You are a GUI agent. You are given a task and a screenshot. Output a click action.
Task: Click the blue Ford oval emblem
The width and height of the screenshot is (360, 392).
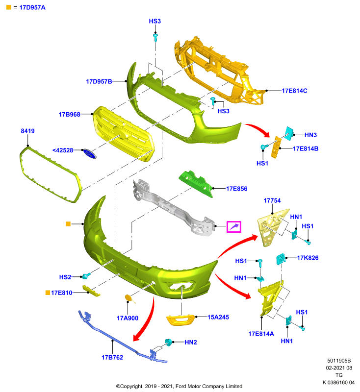(x=90, y=153)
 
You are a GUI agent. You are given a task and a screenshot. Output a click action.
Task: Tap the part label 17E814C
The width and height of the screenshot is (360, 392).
(x=294, y=91)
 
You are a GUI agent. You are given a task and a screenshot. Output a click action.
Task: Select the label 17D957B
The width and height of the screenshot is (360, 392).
(x=99, y=81)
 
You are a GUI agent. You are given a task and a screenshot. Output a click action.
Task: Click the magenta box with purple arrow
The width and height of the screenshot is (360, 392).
(x=233, y=227)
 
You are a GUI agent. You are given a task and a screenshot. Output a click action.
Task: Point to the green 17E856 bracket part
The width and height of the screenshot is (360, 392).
(x=196, y=183)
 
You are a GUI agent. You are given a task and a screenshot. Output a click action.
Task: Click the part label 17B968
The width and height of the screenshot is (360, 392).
(x=69, y=115)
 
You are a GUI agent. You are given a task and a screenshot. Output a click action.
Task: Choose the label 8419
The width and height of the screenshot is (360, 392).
(x=27, y=131)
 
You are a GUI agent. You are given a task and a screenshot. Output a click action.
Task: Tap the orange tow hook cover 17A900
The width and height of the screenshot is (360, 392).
(x=129, y=298)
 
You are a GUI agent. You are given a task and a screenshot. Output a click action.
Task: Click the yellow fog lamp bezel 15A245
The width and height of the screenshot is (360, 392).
(x=180, y=320)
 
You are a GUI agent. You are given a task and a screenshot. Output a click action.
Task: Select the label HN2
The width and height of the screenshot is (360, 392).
(x=191, y=342)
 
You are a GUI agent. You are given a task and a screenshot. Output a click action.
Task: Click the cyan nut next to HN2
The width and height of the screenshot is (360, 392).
(x=168, y=342)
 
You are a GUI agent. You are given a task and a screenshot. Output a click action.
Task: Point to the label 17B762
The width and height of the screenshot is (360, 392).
(x=112, y=358)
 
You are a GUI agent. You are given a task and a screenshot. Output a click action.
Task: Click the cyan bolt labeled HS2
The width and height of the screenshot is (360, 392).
(x=86, y=276)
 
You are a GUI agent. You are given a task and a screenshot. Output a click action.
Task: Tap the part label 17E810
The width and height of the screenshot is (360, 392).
(x=61, y=293)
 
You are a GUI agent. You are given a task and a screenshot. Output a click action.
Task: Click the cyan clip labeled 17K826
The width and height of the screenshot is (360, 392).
(x=281, y=259)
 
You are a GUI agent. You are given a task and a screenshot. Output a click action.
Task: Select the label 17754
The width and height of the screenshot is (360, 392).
(x=272, y=200)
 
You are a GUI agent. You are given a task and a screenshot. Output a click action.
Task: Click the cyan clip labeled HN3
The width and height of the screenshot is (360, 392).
(x=289, y=133)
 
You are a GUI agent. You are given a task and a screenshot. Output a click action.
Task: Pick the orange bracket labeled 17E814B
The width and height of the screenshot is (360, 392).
(x=277, y=147)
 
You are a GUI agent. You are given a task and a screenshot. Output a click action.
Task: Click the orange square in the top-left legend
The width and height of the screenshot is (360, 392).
(x=9, y=7)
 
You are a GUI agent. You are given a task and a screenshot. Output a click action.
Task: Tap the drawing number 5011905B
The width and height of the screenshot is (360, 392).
(x=339, y=361)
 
